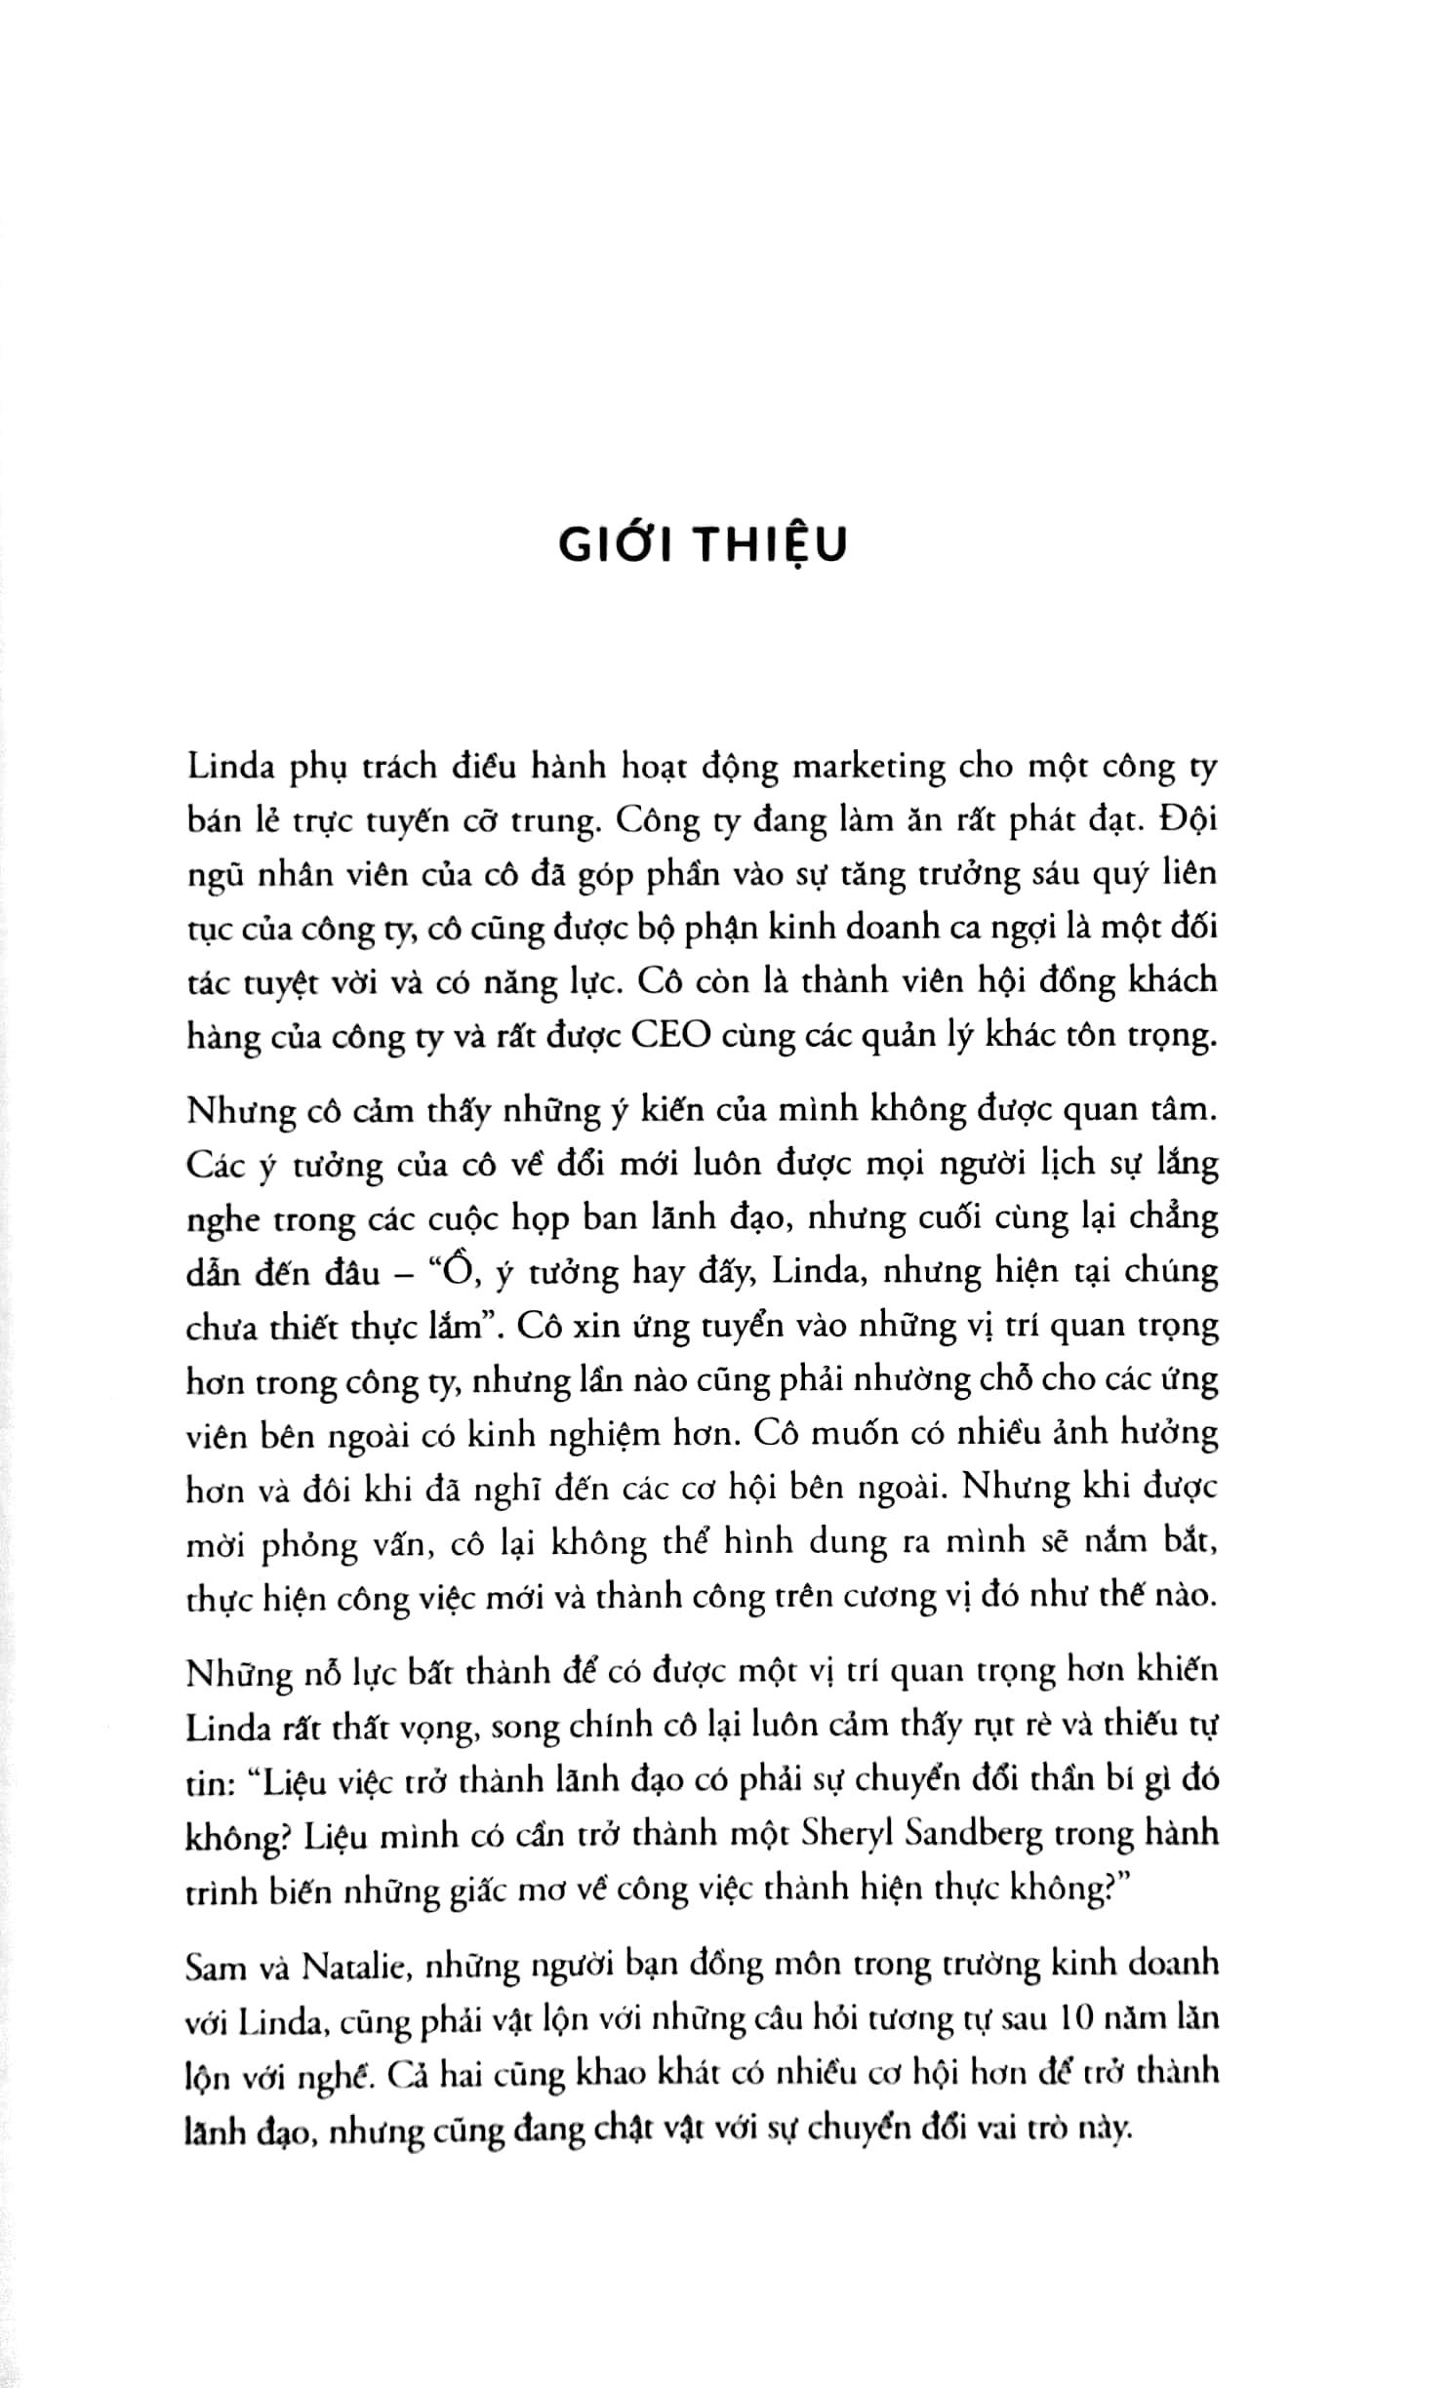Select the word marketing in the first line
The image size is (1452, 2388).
[x=867, y=768]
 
